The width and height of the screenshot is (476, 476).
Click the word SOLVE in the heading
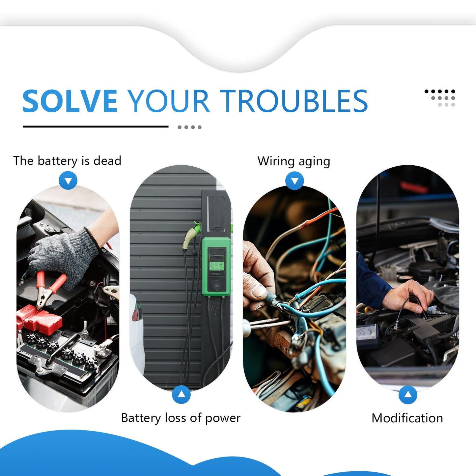pyautogui.click(x=70, y=101)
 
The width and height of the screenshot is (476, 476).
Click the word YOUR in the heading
pyautogui.click(x=168, y=101)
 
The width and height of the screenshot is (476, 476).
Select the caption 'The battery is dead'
pyautogui.click(x=67, y=161)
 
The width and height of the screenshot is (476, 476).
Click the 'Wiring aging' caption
pyautogui.click(x=294, y=161)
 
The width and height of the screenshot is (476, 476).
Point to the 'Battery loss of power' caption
pyautogui.click(x=181, y=418)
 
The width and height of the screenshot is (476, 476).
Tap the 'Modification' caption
pyautogui.click(x=407, y=418)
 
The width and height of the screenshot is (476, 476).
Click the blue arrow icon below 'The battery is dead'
pyautogui.click(x=68, y=181)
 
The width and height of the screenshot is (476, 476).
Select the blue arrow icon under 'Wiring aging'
pyautogui.click(x=294, y=181)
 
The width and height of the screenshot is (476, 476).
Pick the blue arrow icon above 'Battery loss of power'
pyautogui.click(x=181, y=394)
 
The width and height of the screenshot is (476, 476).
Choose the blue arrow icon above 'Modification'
pyautogui.click(x=408, y=395)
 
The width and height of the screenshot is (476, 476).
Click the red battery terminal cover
pyautogui.click(x=40, y=319)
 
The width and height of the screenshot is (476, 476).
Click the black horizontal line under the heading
pyautogui.click(x=96, y=126)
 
